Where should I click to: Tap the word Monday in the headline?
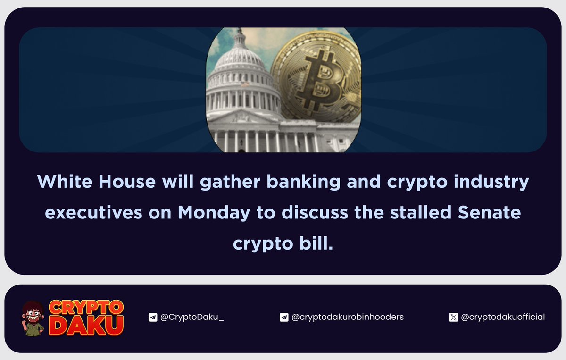pos(214,213)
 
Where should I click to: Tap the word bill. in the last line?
pos(317,244)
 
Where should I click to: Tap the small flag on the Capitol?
pos(244,84)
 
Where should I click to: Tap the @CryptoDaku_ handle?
pos(191,317)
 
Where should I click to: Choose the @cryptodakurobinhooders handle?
pos(348,317)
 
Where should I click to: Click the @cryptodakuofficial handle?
pos(503,317)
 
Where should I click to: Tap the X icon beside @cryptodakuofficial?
pos(453,318)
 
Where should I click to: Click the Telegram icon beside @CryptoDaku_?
pos(152,318)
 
